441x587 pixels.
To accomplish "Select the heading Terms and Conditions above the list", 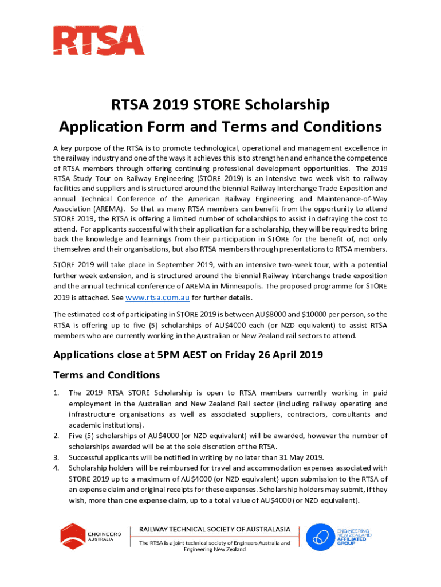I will point(107,375).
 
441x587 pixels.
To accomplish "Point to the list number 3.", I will point(56,457).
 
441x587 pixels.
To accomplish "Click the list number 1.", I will point(56,393).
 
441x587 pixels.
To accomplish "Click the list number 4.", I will point(56,468).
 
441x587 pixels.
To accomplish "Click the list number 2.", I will point(56,436).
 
